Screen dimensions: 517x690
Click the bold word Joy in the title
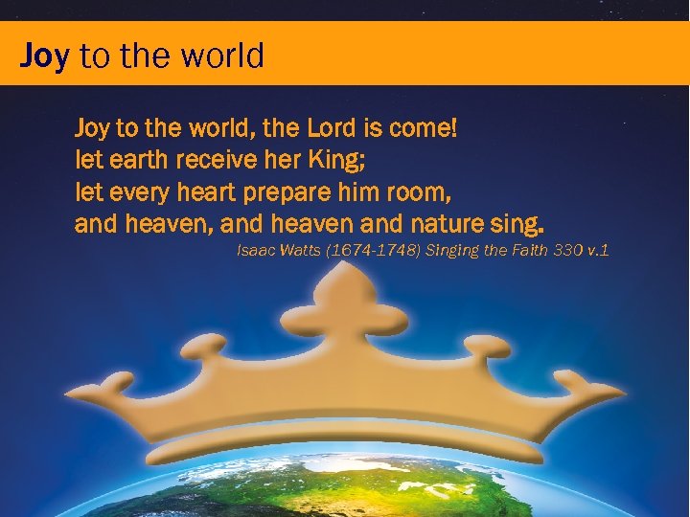pos(44,56)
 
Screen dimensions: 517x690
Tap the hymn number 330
pos(557,251)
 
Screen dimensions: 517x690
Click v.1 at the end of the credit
pos(598,251)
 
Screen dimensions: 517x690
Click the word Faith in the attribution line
pos(512,251)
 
